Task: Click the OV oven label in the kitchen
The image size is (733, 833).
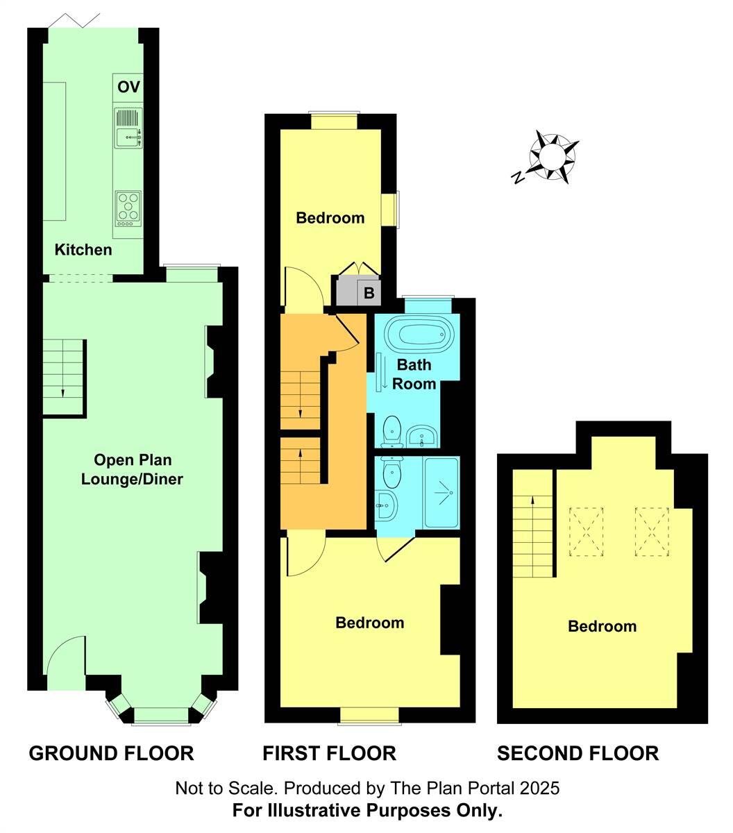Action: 128,87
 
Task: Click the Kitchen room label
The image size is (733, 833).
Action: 83,249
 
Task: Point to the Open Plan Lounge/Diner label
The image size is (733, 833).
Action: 132,469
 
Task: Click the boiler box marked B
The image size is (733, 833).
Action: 369,293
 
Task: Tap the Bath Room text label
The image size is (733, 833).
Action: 414,374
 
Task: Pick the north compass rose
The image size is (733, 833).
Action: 553,157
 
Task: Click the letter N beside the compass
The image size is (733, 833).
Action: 518,178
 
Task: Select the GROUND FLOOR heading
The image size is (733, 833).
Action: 111,753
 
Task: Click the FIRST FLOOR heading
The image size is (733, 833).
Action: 329,753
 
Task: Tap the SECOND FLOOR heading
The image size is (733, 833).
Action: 578,753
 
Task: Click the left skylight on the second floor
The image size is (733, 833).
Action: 586,532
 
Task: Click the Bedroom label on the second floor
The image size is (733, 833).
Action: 602,626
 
